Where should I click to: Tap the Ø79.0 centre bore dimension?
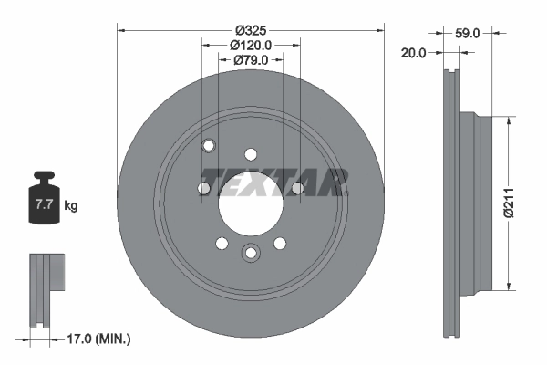click(x=250, y=60)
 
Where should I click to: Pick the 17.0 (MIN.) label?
click(x=100, y=339)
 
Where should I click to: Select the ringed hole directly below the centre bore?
click(x=250, y=254)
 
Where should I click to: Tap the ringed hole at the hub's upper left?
click(x=208, y=145)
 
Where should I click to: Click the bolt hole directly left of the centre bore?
click(x=203, y=188)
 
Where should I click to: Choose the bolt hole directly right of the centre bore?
click(x=297, y=188)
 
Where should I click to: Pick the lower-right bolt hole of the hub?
click(x=279, y=243)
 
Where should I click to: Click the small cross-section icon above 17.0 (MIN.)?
click(x=45, y=287)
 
